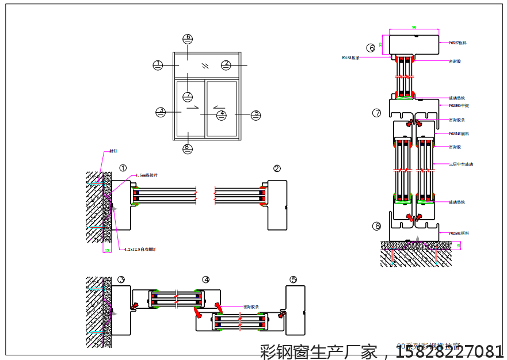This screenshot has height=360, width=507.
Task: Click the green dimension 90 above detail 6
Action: (414, 27)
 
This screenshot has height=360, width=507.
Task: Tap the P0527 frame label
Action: (458, 43)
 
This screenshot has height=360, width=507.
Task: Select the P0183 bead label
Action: (350, 58)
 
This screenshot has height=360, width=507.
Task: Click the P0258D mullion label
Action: (459, 106)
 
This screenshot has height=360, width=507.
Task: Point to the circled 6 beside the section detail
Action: (371, 48)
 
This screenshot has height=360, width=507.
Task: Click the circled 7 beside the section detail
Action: (377, 113)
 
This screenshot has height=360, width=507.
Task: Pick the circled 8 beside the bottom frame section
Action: (377, 226)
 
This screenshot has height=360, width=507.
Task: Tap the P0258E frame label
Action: (459, 233)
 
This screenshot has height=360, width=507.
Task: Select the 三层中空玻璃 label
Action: (461, 164)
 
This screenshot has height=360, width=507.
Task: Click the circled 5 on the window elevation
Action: (256, 115)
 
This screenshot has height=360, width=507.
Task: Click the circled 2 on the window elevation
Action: (227, 64)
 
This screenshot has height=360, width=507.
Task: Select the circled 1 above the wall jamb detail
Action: (123, 168)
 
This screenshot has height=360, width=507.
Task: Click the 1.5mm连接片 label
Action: (147, 175)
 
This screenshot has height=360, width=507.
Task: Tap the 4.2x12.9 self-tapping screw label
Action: (140, 250)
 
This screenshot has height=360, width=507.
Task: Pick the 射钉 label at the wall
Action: (113, 151)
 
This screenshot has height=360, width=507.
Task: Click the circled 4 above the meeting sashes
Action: (206, 279)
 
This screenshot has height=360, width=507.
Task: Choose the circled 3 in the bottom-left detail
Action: (121, 279)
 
